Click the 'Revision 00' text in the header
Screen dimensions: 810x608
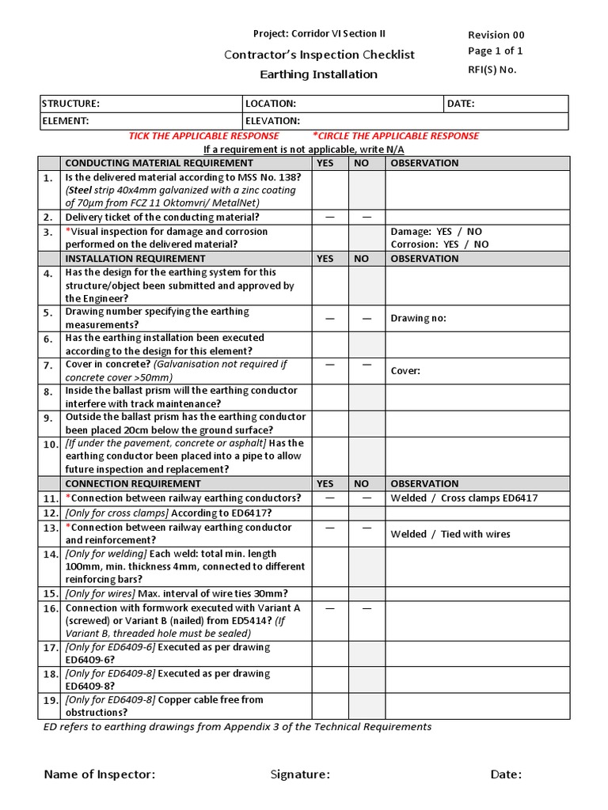[496, 35]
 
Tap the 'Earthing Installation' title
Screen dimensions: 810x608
[319, 74]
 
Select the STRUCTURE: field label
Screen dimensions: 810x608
[70, 104]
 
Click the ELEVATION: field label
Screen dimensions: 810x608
[272, 121]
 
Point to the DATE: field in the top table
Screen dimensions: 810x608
[461, 104]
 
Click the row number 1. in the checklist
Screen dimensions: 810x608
[48, 178]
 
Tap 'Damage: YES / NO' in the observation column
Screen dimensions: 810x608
[436, 232]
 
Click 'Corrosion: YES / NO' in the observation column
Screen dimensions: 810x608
[439, 244]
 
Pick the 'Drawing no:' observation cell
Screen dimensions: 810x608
[418, 318]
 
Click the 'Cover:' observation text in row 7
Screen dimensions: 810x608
[405, 371]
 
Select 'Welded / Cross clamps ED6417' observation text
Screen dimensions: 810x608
[464, 498]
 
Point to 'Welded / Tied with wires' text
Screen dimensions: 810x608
[450, 534]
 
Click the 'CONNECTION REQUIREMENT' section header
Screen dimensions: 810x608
[133, 483]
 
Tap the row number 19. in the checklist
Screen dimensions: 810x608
[51, 700]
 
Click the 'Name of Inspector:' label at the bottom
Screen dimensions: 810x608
[99, 774]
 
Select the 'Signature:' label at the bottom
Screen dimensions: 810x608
[300, 774]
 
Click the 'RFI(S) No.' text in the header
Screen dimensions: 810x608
[492, 70]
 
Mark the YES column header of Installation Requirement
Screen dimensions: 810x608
[325, 259]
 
